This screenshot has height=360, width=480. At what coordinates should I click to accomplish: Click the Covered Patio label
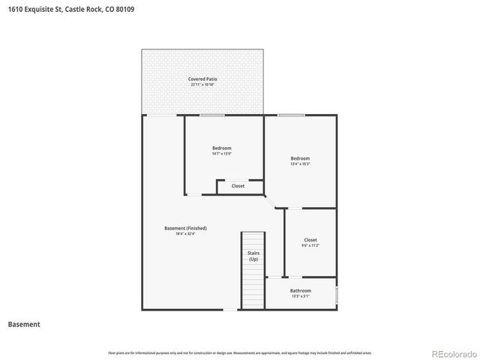pyautogui.click(x=202, y=79)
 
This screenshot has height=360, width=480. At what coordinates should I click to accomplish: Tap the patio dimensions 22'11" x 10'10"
pyautogui.click(x=202, y=85)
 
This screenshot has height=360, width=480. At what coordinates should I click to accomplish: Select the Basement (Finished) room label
pyautogui.click(x=185, y=228)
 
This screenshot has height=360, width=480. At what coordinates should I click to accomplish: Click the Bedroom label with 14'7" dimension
pyautogui.click(x=221, y=148)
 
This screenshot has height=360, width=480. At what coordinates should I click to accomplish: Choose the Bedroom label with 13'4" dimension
pyautogui.click(x=300, y=158)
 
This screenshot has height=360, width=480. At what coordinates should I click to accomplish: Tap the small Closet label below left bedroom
pyautogui.click(x=238, y=186)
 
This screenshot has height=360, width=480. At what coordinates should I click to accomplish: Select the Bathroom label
pyautogui.click(x=301, y=290)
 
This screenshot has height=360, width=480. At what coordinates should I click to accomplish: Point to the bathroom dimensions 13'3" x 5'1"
pyautogui.click(x=301, y=296)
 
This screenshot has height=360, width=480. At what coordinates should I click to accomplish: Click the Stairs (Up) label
pyautogui.click(x=253, y=256)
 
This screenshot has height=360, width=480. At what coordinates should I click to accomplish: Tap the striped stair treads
pyautogui.click(x=253, y=289)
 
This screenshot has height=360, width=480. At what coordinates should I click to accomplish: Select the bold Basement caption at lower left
pyautogui.click(x=24, y=325)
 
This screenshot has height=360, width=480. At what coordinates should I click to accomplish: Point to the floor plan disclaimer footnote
pyautogui.click(x=239, y=352)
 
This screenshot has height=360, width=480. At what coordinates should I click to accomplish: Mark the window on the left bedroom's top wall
pyautogui.click(x=212, y=115)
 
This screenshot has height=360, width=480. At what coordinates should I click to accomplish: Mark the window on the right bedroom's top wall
pyautogui.click(x=291, y=115)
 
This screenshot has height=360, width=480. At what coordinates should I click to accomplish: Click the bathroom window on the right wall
pyautogui.click(x=337, y=295)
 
